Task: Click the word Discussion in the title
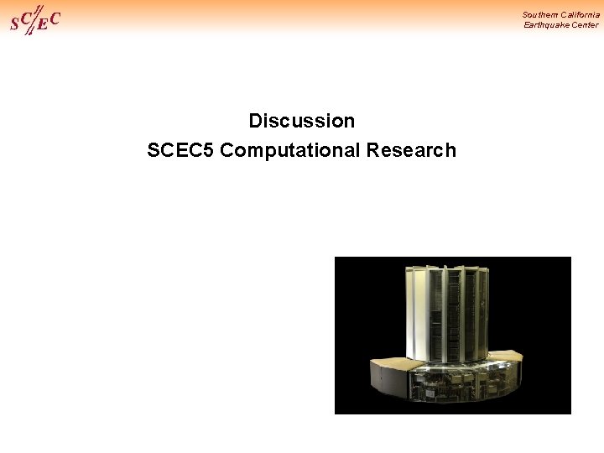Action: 302,121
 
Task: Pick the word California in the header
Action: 581,14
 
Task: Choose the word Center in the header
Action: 585,25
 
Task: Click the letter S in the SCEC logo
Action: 14,24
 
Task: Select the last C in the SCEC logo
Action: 55,18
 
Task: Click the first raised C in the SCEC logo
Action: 25,16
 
